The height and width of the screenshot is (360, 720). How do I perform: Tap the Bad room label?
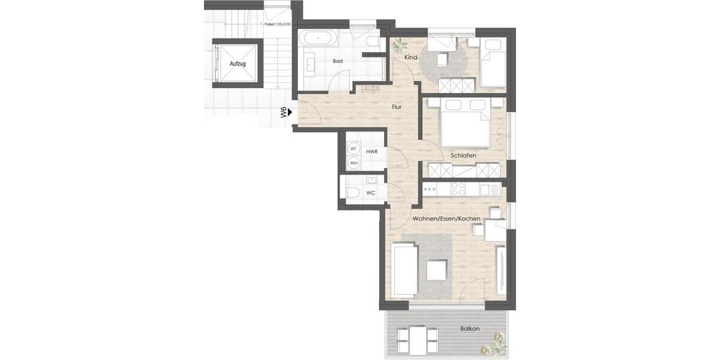click(338, 61)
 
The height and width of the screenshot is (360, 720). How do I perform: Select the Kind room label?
click(410, 58)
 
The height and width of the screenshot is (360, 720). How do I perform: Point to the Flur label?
click(396, 107)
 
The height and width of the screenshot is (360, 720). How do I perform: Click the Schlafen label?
click(463, 156)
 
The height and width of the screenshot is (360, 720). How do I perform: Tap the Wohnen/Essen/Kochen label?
click(446, 219)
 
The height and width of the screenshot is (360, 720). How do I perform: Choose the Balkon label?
click(470, 329)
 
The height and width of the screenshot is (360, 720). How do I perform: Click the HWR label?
click(371, 152)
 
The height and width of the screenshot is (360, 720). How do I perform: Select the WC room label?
click(371, 193)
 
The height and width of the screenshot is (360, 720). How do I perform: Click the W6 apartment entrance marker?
click(283, 112)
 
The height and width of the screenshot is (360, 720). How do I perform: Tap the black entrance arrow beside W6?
click(290, 112)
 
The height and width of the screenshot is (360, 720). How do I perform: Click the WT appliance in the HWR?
click(353, 148)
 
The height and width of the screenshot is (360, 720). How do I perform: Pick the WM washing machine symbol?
click(353, 163)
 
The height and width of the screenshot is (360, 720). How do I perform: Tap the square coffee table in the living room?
click(437, 270)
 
